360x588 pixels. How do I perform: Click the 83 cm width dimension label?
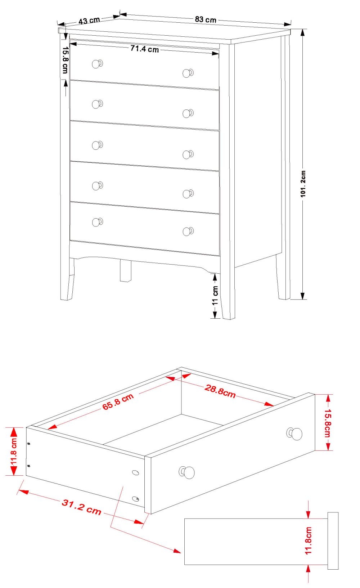206,19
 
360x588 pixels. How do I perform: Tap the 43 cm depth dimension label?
89,21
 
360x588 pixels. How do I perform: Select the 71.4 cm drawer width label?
144,49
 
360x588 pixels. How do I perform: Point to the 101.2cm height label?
303,184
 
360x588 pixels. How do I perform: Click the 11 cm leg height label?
215,296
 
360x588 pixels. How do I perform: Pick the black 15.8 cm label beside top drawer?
65,60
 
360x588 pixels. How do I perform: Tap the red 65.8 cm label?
118,401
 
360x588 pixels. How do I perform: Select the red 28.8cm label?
220,391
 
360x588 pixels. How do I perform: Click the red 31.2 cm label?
81,507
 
